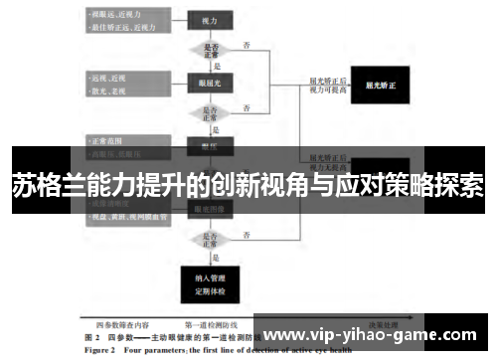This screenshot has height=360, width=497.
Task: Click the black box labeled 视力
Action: [x=210, y=20]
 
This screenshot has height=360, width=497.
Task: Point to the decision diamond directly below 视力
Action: [x=210, y=50]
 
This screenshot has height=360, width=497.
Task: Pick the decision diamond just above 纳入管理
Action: [x=210, y=239]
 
